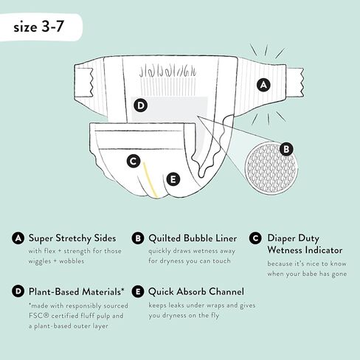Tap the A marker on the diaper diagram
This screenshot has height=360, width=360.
(262, 86)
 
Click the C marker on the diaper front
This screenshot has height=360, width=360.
(133, 160)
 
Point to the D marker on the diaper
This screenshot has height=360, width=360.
(140, 105)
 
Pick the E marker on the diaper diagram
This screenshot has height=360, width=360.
(173, 178)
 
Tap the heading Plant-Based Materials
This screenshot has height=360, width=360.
(67, 291)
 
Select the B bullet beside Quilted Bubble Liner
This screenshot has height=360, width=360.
(137, 238)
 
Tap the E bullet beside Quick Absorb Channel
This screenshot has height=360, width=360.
(137, 291)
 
